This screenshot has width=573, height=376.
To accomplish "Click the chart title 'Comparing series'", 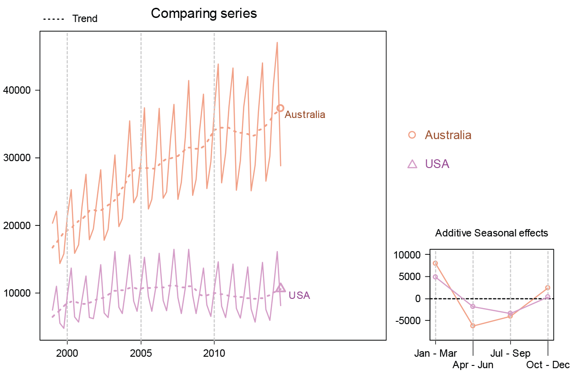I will pyautogui.click(x=204, y=14).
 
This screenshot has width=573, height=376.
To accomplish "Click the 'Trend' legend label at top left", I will pyautogui.click(x=85, y=19).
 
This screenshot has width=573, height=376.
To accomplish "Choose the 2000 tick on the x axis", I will pyautogui.click(x=67, y=354).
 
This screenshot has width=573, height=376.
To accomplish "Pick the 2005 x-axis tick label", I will pyautogui.click(x=141, y=354).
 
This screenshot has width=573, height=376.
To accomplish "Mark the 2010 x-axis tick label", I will pyautogui.click(x=214, y=354).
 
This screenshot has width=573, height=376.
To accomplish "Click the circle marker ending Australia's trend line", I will pyautogui.click(x=281, y=108).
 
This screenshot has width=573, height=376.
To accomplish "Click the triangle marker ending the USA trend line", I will pyautogui.click(x=281, y=288).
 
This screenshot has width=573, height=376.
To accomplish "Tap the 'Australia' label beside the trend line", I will pyautogui.click(x=305, y=115).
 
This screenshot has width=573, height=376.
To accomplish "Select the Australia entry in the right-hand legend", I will pyautogui.click(x=448, y=135).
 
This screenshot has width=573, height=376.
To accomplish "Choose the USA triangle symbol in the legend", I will pyautogui.click(x=412, y=164).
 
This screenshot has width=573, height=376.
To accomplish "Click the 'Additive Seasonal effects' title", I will pyautogui.click(x=491, y=233).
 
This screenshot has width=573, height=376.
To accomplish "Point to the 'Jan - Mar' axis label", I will pyautogui.click(x=435, y=354).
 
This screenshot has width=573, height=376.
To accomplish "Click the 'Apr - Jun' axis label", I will pyautogui.click(x=473, y=365).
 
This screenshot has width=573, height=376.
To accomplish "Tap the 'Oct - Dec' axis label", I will pyautogui.click(x=548, y=365).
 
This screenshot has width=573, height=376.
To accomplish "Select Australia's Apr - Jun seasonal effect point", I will pyautogui.click(x=473, y=326).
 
